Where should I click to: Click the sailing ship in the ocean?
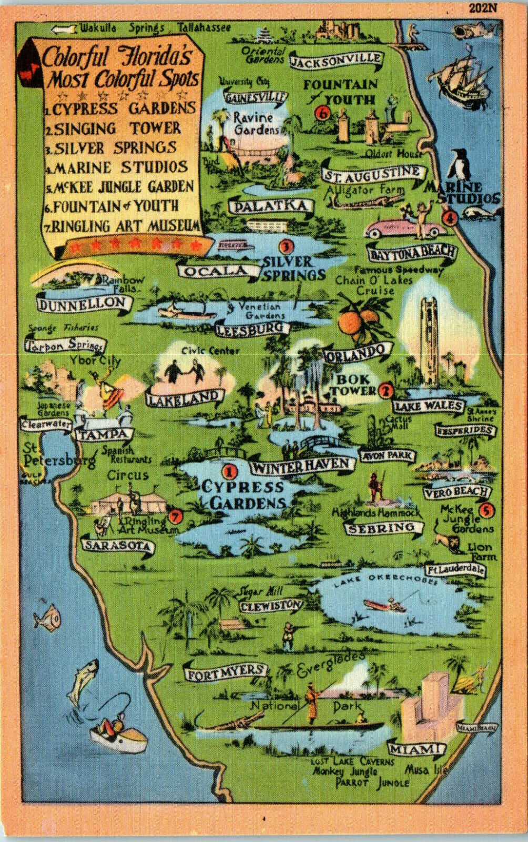(x=463, y=75)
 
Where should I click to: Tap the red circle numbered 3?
(x=286, y=246)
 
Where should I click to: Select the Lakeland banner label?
(x=185, y=398)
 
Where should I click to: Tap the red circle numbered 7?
(x=176, y=516)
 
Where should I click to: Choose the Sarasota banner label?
(x=118, y=545)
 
